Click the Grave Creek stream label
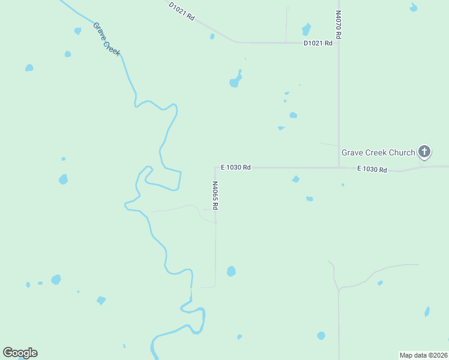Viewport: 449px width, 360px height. tap(107, 39)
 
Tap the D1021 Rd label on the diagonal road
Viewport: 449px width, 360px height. tap(182, 11)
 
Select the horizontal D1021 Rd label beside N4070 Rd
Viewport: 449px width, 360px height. tap(318, 43)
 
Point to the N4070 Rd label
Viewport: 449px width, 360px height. tap(339, 25)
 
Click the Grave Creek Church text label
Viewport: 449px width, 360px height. tap(378, 152)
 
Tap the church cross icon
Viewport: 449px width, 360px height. tap(424, 151)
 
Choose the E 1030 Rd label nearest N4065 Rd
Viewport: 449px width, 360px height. tap(235, 167)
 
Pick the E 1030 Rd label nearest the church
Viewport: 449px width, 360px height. tap(372, 170)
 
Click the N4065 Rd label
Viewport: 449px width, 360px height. tap(215, 196)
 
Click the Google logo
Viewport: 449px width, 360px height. tap(20, 353)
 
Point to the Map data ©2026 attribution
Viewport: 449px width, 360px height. tap(423, 355)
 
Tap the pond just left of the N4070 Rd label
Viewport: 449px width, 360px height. tap(307, 29)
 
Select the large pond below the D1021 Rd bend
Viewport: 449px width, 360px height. tap(235, 81)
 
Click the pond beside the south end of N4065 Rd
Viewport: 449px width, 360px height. tap(231, 271)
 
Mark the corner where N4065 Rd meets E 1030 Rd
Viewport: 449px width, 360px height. tap(215, 167)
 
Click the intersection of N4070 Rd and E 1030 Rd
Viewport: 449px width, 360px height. tap(339, 167)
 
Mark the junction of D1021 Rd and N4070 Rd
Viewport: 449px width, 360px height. tap(339, 43)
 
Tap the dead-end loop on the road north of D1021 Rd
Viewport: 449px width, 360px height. tap(288, 8)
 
